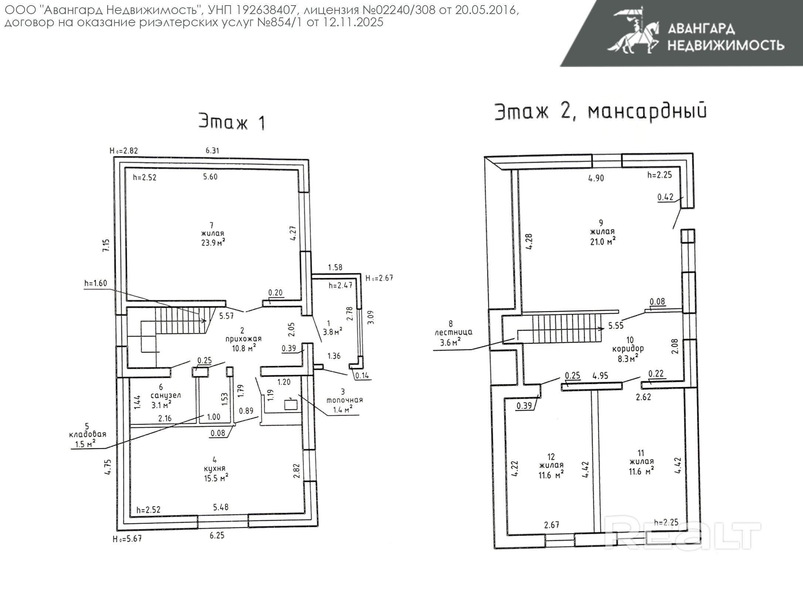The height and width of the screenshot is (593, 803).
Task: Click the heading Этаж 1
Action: click(x=232, y=121)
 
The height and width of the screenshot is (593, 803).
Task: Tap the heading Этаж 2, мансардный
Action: click(x=600, y=111)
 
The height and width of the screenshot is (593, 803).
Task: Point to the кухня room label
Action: click(x=214, y=468)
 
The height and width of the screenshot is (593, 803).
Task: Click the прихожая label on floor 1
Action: click(x=243, y=339)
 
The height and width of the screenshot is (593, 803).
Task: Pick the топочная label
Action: click(x=344, y=400)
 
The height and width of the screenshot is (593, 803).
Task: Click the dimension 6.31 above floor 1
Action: click(x=213, y=151)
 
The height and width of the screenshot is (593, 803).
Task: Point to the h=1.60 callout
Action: click(x=95, y=283)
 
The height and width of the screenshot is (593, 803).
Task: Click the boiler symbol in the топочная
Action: click(x=291, y=404)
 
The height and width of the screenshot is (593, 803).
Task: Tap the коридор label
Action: click(x=628, y=348)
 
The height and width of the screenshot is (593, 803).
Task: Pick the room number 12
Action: click(x=551, y=457)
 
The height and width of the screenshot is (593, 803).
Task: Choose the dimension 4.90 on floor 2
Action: click(x=596, y=178)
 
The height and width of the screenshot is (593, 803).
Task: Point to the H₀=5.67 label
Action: click(x=127, y=539)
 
